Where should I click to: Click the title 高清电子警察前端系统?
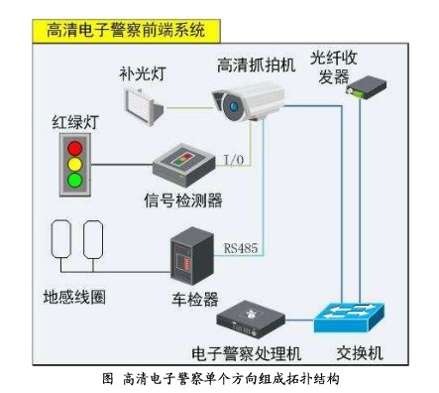(x=126, y=31)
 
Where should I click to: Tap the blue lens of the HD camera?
(x=229, y=99)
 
